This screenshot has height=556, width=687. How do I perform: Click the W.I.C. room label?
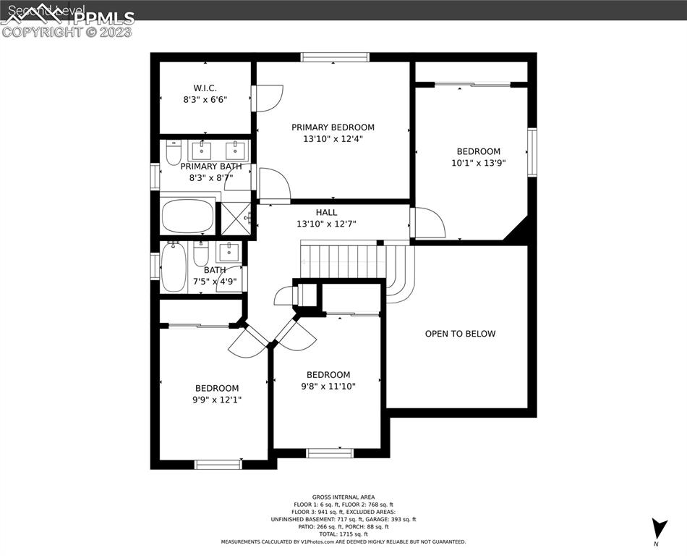205,88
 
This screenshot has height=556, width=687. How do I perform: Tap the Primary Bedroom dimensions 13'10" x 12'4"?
333,139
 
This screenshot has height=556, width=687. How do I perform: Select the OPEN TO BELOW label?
460,334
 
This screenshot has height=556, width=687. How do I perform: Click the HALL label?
326,212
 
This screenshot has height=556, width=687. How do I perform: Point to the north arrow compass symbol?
659,528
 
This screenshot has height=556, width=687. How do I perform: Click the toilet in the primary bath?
174,152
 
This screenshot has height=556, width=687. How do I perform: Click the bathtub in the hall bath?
173,267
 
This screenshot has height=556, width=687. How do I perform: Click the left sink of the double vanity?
200,151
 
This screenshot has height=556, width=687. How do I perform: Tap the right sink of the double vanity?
235,151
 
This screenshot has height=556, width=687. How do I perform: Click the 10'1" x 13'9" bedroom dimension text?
478,163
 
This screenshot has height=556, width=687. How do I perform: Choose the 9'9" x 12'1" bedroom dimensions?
216,399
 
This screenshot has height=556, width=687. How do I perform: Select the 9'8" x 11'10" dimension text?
328,386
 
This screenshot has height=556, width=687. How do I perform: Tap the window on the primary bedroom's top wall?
335,57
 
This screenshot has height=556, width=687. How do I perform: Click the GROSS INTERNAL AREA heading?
343,497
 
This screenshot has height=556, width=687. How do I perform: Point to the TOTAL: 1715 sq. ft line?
343,534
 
